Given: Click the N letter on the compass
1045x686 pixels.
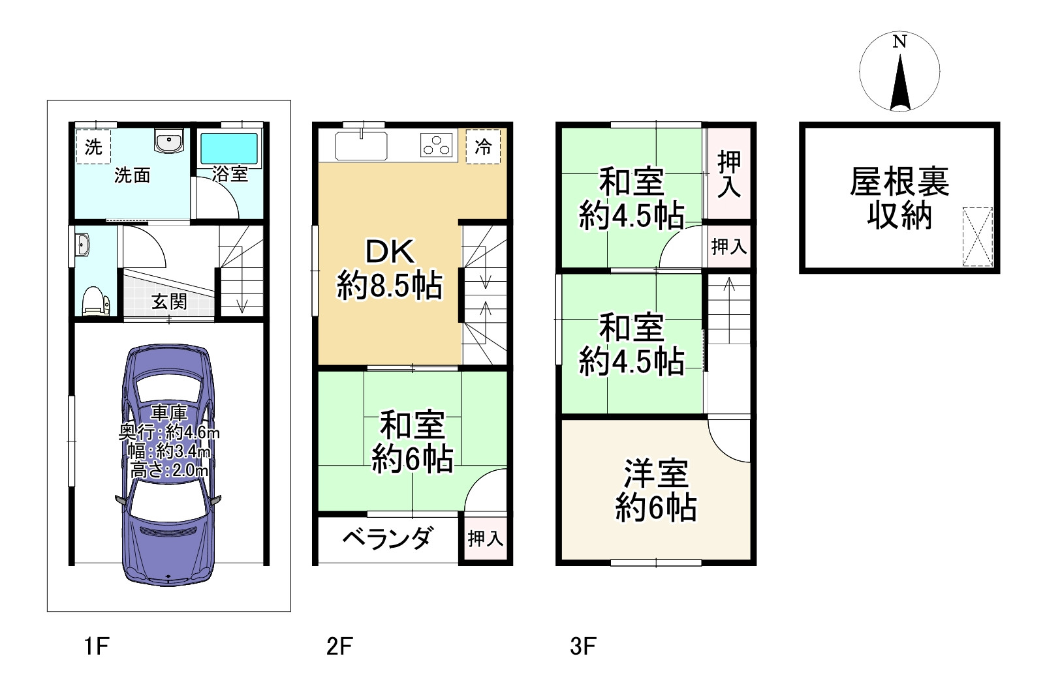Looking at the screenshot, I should (x=899, y=42).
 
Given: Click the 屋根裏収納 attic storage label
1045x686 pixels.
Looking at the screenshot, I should (x=899, y=198).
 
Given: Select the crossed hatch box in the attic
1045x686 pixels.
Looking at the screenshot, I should (x=977, y=237).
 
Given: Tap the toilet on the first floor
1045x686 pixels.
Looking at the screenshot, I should (x=95, y=301).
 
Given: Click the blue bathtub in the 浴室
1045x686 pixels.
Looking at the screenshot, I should (x=228, y=149).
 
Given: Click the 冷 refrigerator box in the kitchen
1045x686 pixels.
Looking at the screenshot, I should (x=483, y=147).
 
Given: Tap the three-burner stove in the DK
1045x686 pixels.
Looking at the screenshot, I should (x=437, y=145).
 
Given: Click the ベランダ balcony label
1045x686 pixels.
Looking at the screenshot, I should (x=387, y=539).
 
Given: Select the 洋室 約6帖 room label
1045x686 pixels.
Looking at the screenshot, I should (x=655, y=490).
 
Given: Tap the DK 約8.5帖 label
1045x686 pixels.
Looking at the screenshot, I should (x=390, y=269).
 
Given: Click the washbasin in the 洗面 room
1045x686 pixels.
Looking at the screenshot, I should (x=170, y=140).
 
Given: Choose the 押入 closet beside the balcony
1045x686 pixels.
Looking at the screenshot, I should (x=485, y=539).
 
